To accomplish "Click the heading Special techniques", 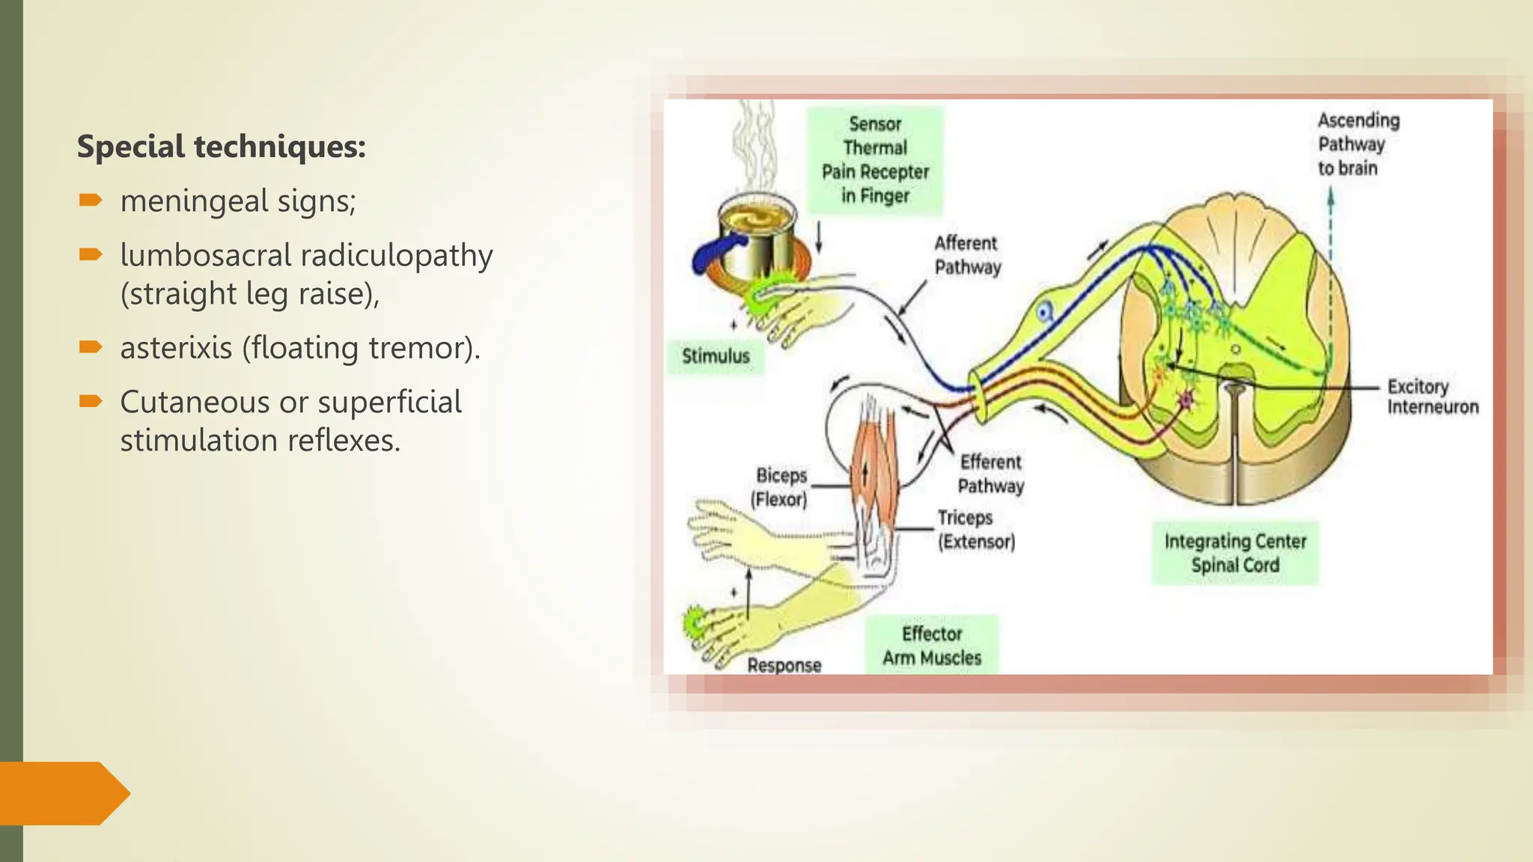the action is (222, 147).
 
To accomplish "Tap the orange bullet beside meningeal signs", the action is (90, 200).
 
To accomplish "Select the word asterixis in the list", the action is (176, 348).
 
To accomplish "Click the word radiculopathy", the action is (397, 255).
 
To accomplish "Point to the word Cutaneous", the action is (194, 403).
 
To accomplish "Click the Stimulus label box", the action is (715, 356).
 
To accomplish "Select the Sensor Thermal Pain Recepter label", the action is (874, 160).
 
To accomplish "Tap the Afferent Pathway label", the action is (966, 255).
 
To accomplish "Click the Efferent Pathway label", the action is (990, 474).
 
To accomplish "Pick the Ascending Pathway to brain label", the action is (1357, 144).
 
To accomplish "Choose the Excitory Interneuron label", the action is (1431, 397).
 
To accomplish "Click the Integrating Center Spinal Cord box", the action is (1234, 553).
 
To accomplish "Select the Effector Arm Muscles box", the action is (931, 646).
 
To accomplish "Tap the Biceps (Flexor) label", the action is (780, 487).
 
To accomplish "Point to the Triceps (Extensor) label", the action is (975, 529).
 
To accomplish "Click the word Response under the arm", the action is (784, 665).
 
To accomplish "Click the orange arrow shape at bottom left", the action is (63, 793).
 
